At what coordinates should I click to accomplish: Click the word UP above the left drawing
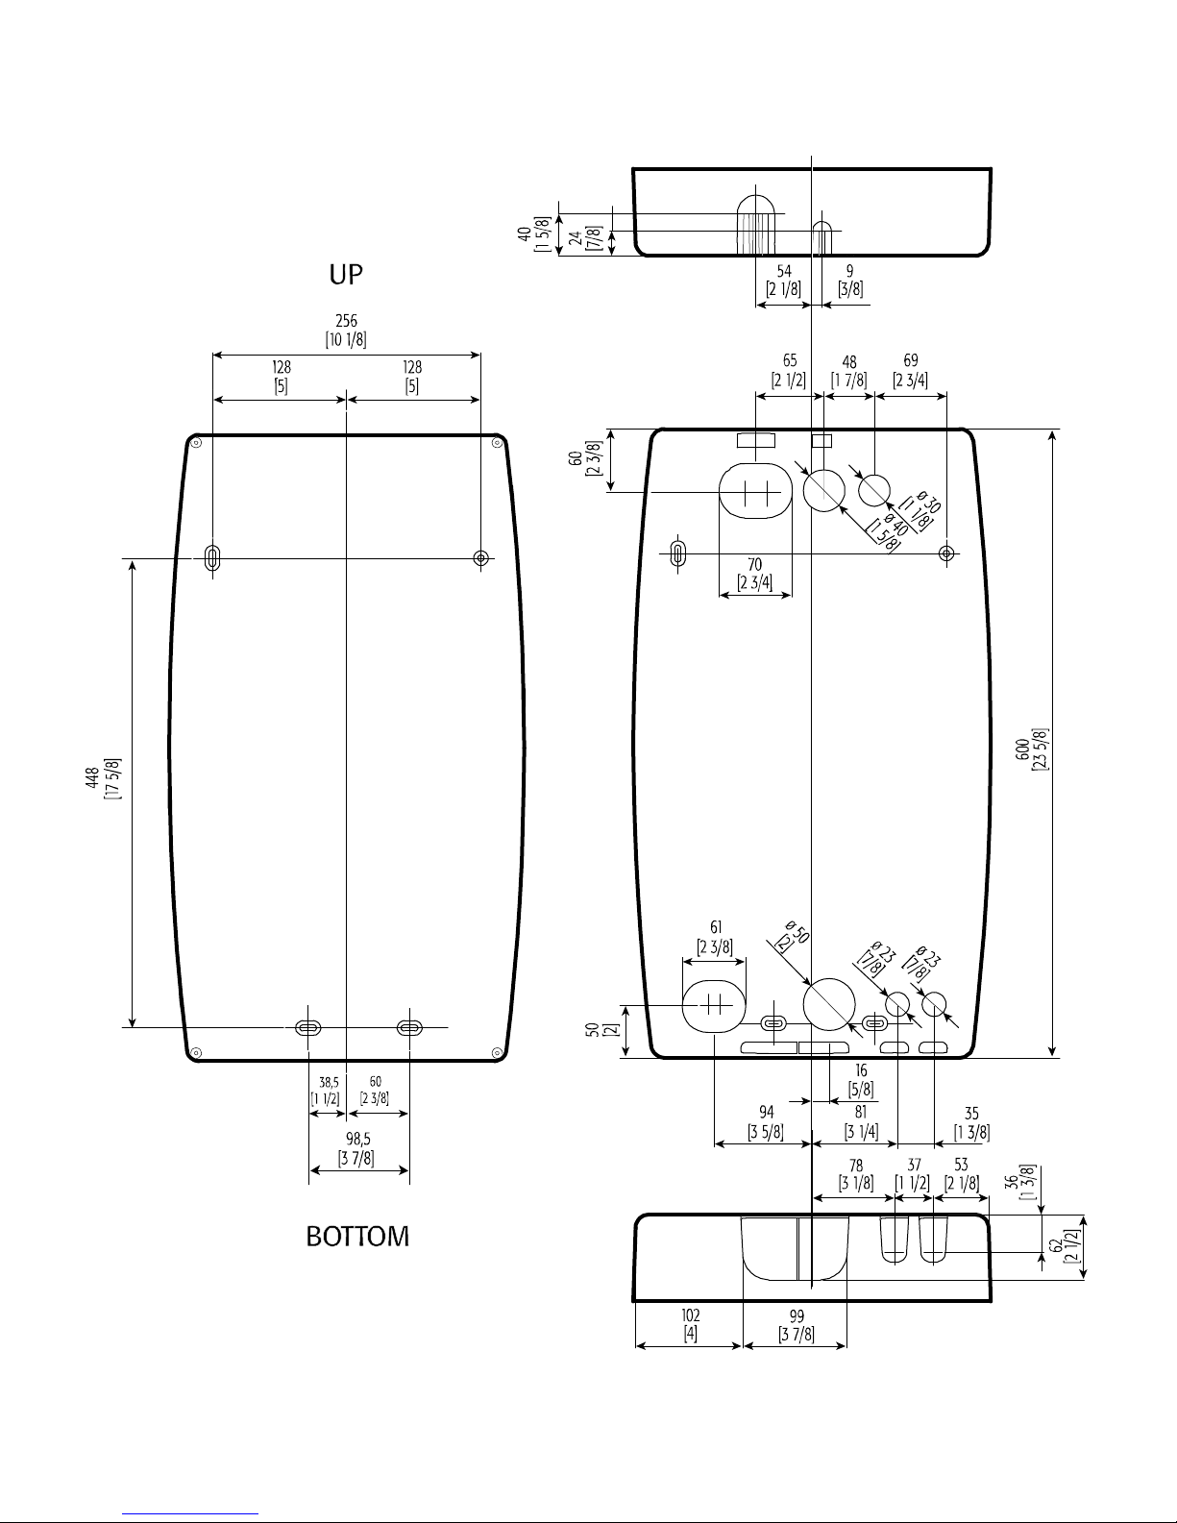[346, 274]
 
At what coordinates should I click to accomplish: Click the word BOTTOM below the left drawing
[357, 1237]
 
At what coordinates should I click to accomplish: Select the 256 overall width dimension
[346, 321]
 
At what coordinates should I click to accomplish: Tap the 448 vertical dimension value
[92, 778]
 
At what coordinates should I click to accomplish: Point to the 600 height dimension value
[1023, 749]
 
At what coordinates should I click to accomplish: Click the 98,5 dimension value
[358, 1139]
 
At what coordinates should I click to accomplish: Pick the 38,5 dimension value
[329, 1083]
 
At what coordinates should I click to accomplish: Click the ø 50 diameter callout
[797, 932]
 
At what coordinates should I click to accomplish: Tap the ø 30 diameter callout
[928, 502]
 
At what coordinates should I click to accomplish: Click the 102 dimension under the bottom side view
[691, 1314]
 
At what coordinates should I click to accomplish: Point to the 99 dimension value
[797, 1315]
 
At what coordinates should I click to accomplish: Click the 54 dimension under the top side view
[784, 271]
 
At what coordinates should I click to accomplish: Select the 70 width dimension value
[754, 564]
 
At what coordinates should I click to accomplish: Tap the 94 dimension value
[767, 1113]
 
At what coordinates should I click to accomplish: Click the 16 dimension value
[861, 1070]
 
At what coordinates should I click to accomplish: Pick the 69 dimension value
[911, 360]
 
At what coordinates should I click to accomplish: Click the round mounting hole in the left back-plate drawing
[480, 558]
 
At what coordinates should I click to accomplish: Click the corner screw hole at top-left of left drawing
[197, 442]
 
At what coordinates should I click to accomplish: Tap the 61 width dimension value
[716, 928]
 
